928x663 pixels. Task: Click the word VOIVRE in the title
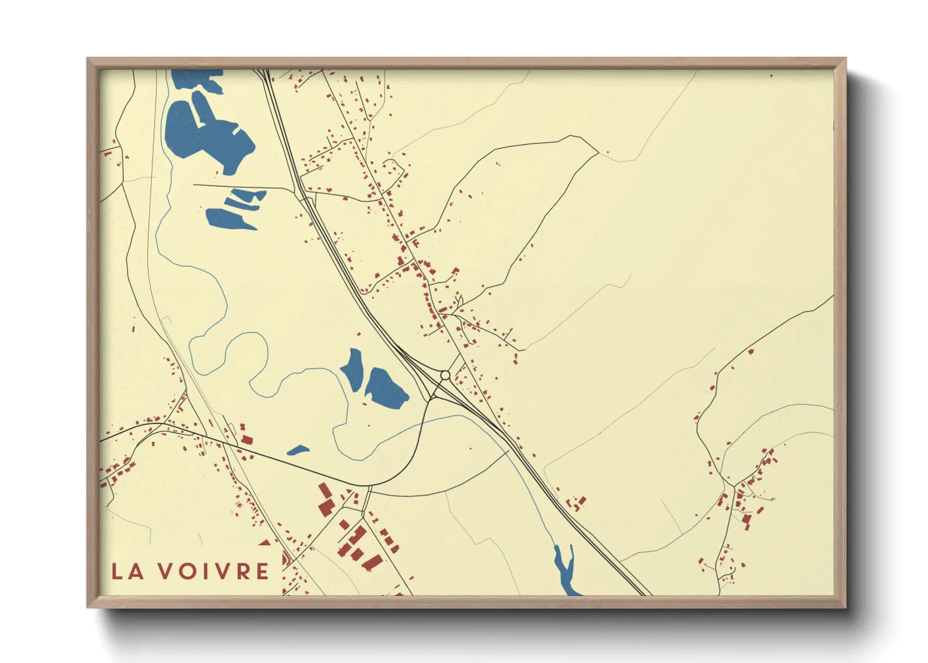click(213, 571)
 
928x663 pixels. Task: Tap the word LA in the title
click(126, 571)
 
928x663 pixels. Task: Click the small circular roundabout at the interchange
click(445, 375)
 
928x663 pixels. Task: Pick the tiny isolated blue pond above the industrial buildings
click(298, 450)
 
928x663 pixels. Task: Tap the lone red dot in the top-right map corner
click(771, 76)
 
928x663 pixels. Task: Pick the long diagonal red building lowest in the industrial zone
click(372, 562)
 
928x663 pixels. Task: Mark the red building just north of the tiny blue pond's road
click(246, 439)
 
